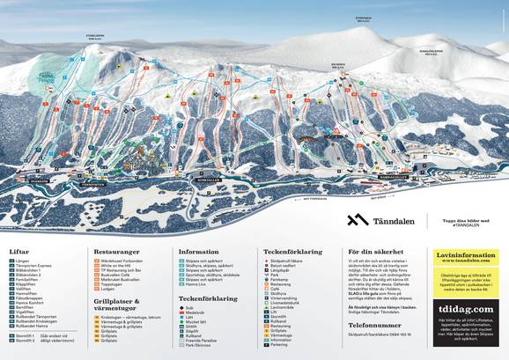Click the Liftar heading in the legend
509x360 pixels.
tap(19, 250)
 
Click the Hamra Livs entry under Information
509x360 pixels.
tap(199, 285)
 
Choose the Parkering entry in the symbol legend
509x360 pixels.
tap(283, 344)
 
